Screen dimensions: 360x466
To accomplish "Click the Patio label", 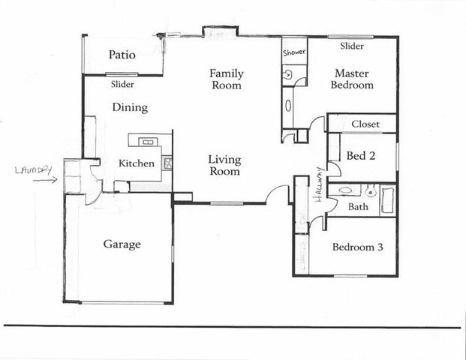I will point(122,55).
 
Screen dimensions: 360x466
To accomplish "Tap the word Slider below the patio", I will point(122,85).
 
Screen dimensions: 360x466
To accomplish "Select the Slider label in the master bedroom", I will point(352,46).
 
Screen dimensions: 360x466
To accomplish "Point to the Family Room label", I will point(226,79).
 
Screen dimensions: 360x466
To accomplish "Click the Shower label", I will point(293,53).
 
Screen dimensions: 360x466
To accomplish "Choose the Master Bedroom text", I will point(353,79).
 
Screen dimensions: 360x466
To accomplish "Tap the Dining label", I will point(130,108).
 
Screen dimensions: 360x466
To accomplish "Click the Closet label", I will point(365,124).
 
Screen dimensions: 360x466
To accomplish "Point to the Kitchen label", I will point(137,163).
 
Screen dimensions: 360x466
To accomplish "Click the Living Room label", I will point(224,166).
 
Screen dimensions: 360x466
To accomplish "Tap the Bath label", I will point(358,206).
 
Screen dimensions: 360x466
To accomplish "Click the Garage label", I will point(122,244).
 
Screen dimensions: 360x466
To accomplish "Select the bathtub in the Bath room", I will point(387,200).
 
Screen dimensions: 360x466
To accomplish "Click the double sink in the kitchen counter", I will point(146,141).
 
